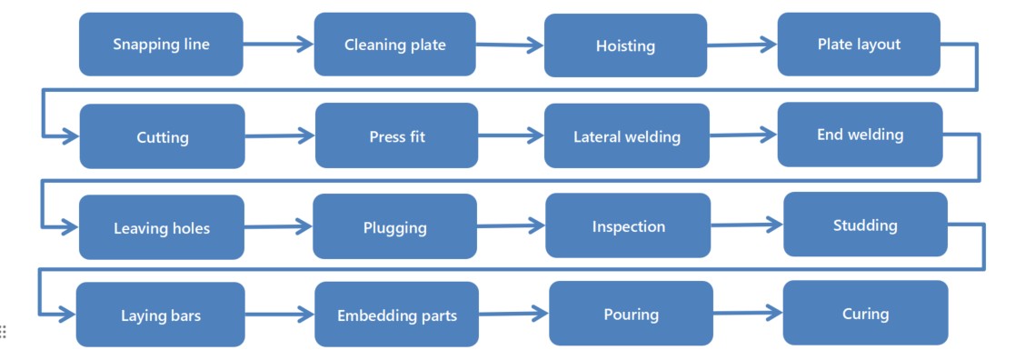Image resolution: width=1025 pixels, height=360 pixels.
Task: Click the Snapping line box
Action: click(x=161, y=44)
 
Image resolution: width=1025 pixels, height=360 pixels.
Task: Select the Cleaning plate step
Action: click(x=394, y=44)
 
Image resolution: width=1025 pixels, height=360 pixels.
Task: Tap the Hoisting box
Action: click(x=625, y=45)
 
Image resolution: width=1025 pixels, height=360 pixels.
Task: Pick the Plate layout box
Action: click(x=859, y=44)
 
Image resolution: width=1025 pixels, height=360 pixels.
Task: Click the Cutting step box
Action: click(x=162, y=136)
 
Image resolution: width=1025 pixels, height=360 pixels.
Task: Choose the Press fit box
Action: click(x=396, y=135)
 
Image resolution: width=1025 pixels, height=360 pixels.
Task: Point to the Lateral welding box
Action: click(x=626, y=136)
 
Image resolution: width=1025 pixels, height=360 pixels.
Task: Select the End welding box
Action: click(x=860, y=135)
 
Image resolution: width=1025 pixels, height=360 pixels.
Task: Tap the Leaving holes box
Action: click(x=161, y=227)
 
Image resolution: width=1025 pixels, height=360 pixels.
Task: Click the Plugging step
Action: click(x=394, y=226)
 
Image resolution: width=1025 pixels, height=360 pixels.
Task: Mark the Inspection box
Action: click(x=628, y=225)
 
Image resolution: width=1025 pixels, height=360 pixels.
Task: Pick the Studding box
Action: click(x=865, y=225)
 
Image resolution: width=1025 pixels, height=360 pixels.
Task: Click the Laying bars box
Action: click(x=160, y=315)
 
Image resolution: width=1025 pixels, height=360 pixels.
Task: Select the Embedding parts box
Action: click(x=396, y=315)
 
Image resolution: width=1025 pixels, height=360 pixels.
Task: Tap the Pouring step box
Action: click(x=631, y=314)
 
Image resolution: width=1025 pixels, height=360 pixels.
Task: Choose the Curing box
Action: click(x=865, y=313)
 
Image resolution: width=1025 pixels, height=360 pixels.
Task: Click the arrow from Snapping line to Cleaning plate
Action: click(x=278, y=43)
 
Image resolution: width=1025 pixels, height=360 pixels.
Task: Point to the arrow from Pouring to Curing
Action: click(x=747, y=313)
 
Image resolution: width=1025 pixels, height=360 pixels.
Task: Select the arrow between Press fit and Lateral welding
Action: click(x=511, y=136)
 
